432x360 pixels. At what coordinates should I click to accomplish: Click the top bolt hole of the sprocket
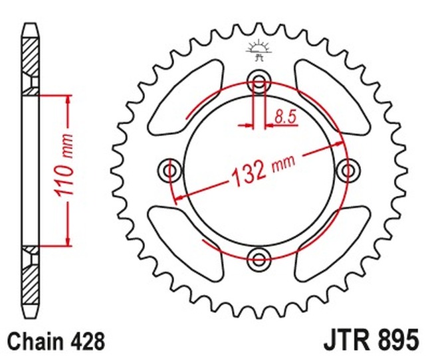259,82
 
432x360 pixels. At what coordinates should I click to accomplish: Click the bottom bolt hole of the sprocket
259,259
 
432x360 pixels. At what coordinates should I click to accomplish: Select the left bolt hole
170,171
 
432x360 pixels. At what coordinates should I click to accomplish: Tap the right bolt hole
348,171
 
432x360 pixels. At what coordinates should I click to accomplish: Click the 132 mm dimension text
263,171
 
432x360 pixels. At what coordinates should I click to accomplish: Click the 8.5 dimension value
285,117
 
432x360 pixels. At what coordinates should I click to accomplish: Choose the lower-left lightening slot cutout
185,244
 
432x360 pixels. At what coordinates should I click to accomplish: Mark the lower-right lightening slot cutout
332,244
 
